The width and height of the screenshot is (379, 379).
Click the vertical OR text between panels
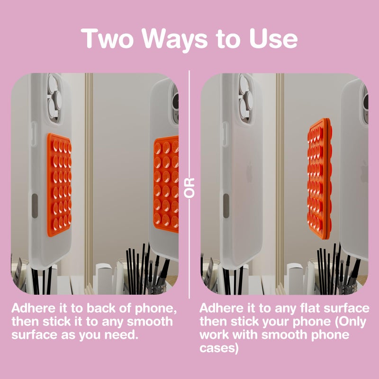pos(190,188)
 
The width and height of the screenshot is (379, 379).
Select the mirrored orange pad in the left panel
pos(166,184)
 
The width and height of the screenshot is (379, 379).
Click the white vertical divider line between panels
pos(189,118)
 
